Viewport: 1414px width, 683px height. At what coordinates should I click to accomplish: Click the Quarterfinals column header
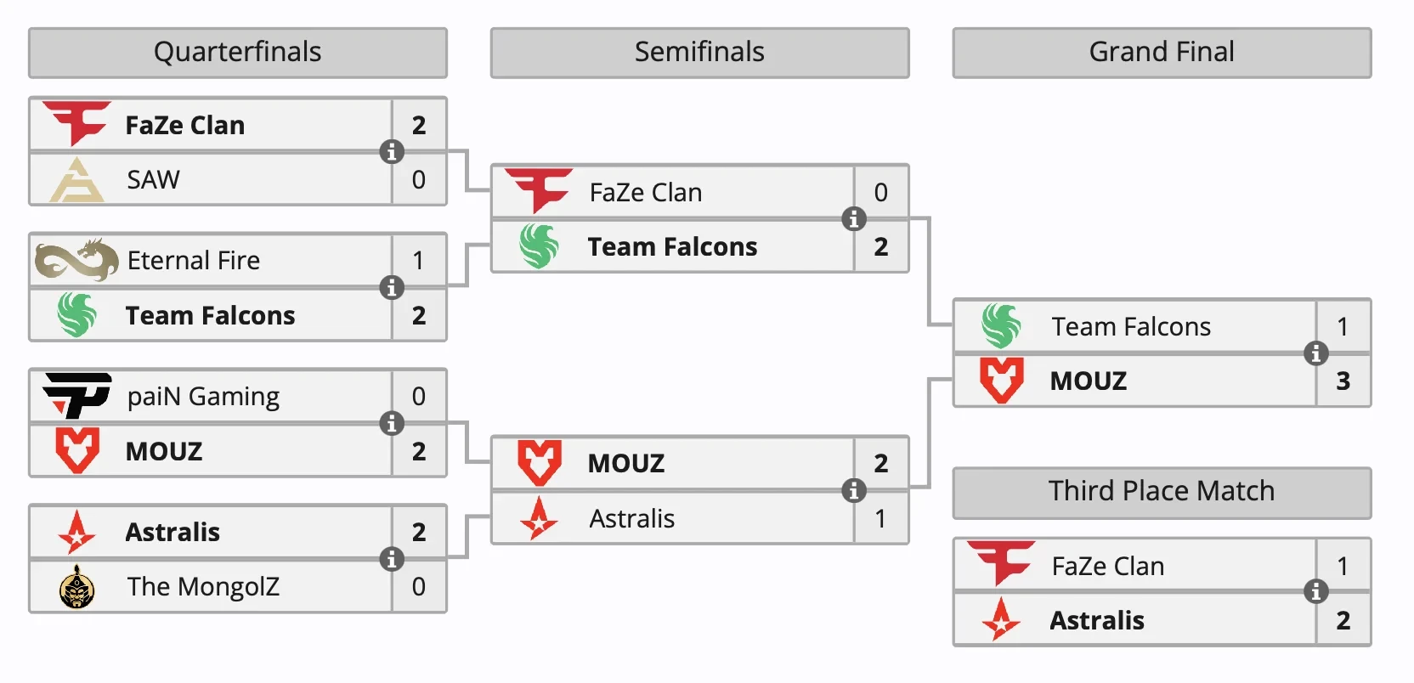238,53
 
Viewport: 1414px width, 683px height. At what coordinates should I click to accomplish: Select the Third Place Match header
1162,492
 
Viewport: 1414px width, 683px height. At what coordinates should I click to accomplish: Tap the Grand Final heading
1162,53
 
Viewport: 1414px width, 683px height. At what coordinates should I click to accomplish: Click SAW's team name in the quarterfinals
154,180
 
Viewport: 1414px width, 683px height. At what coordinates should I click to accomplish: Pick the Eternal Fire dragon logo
76,260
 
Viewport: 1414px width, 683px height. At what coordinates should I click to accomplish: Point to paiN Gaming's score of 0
419,397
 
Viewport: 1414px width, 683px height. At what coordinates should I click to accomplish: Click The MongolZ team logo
77,587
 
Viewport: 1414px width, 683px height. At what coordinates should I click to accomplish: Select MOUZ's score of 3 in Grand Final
1343,381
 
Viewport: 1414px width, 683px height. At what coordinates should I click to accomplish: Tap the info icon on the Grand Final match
1315,353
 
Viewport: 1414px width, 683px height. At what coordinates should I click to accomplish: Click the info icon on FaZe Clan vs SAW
392,152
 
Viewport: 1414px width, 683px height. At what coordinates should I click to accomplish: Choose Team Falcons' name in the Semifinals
672,247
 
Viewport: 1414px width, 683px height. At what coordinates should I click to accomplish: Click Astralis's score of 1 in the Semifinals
880,518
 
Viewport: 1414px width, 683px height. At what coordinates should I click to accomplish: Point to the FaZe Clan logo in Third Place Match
1001,563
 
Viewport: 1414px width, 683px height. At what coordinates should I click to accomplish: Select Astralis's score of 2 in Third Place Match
1343,621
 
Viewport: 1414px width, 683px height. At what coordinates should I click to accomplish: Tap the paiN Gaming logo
76,396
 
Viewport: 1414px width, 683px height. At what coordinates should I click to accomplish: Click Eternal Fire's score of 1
419,261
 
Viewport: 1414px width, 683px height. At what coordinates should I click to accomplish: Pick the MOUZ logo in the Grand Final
1001,381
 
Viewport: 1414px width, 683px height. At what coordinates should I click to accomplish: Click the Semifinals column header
699,53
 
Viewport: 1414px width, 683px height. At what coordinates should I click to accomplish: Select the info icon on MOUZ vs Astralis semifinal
853,490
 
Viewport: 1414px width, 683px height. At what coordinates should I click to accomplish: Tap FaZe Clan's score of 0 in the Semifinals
880,193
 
